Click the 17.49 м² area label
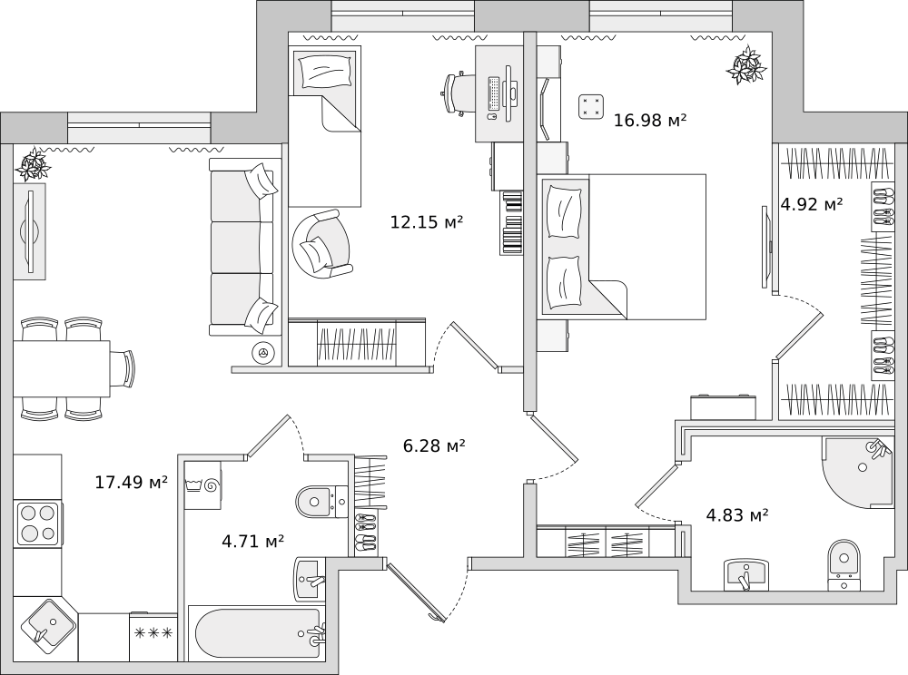[x=132, y=482]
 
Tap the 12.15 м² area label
[x=427, y=221]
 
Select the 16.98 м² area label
[x=650, y=121]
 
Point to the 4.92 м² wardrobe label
[x=811, y=204]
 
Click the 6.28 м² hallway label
[x=434, y=446]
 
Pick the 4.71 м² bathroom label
[x=253, y=542]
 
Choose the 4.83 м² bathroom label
[x=737, y=514]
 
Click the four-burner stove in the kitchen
[x=38, y=524]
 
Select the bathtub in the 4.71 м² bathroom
[x=258, y=632]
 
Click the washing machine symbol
[x=202, y=484]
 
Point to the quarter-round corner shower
[x=858, y=472]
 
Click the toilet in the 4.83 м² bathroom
[x=844, y=565]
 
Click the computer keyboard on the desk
[x=494, y=93]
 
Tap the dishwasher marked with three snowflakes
[x=153, y=636]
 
